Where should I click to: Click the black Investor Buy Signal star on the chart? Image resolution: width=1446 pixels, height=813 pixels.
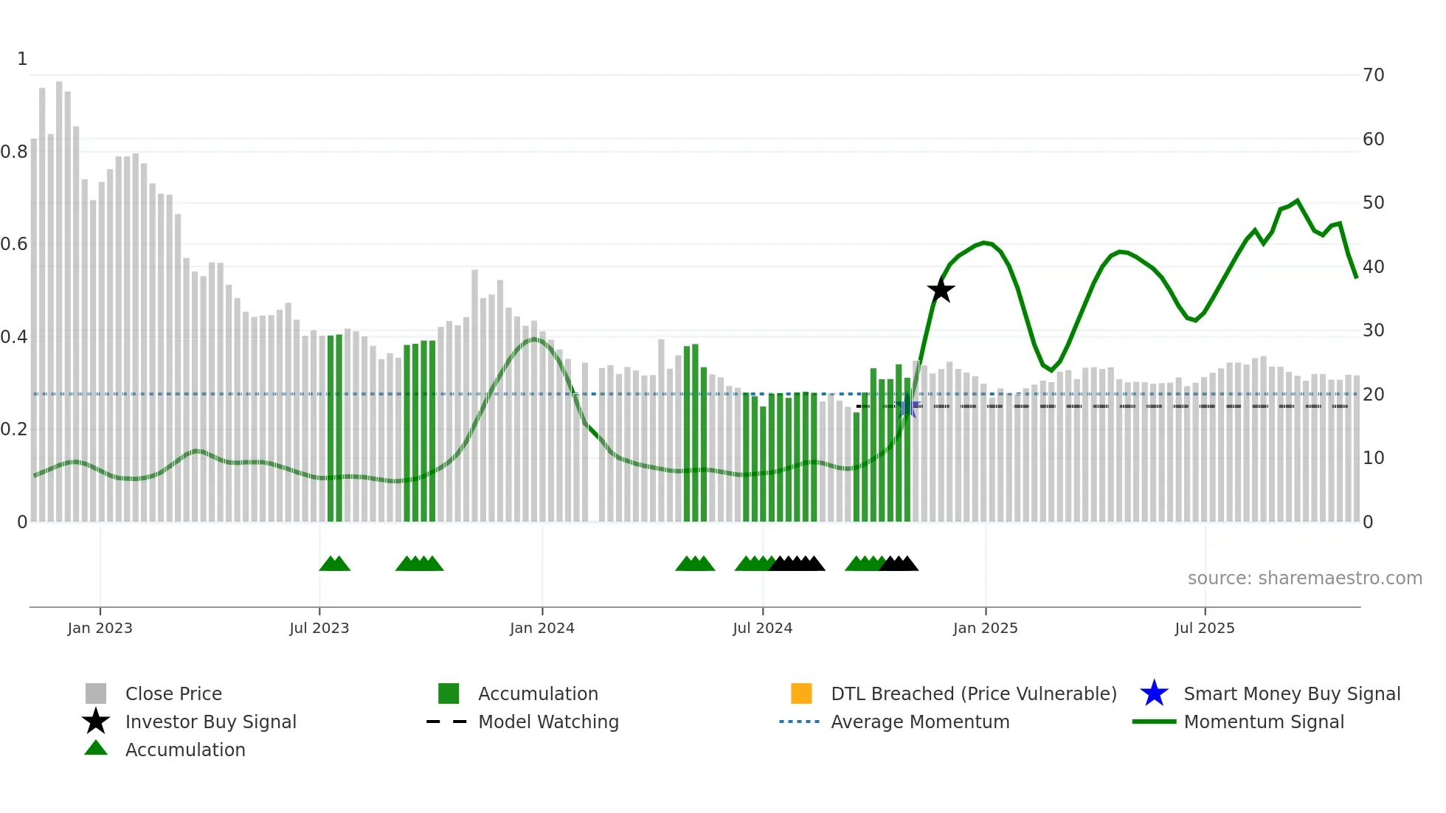941,290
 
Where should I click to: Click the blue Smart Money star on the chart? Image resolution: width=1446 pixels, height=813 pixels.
908,406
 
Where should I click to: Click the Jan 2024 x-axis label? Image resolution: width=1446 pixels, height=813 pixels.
542,628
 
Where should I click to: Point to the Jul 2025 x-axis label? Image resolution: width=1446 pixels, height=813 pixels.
1204,628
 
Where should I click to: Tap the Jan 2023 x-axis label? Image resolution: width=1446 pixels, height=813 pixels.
100,628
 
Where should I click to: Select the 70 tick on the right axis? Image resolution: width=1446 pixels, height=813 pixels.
1373,75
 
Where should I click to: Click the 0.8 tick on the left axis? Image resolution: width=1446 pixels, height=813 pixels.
14,152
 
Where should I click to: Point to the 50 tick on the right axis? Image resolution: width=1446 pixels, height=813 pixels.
1373,203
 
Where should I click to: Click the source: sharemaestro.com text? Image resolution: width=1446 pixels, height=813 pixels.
1304,578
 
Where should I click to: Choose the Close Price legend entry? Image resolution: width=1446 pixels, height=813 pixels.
173,693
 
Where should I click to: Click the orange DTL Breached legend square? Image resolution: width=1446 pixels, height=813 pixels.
801,693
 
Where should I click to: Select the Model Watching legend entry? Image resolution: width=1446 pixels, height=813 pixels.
547,722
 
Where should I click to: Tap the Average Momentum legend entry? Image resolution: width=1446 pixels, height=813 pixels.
919,722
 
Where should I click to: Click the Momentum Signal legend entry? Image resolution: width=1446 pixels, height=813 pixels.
1263,722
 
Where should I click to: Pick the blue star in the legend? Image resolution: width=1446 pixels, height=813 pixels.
1154,693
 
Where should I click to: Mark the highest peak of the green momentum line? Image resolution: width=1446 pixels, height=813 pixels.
1297,201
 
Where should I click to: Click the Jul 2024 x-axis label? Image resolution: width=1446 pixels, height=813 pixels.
762,628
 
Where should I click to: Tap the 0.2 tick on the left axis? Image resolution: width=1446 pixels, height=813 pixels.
14,429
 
